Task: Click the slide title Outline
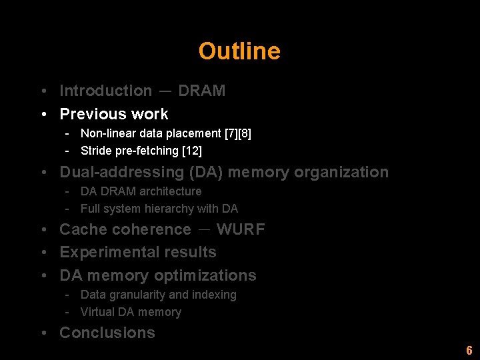tap(239, 51)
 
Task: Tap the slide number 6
tap(469, 351)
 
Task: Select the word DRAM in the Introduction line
tap(201, 91)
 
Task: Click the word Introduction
tap(105, 91)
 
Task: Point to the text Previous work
tap(114, 114)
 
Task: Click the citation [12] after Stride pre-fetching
tap(192, 151)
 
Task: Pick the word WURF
tap(241, 229)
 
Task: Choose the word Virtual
tap(97, 312)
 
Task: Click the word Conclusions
tap(107, 333)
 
